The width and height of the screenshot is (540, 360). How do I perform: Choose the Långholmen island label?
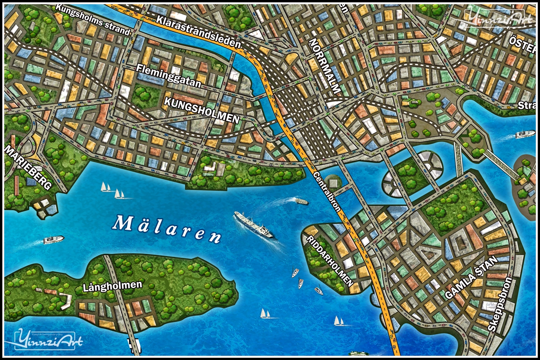(112, 286)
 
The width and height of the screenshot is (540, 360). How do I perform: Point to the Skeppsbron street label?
(500, 304)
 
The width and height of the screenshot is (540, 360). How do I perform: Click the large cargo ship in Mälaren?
(254, 225)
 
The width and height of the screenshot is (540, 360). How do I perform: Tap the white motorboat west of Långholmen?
(53, 240)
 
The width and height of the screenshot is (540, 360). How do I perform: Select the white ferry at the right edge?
(525, 134)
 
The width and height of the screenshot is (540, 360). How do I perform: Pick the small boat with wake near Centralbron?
(301, 201)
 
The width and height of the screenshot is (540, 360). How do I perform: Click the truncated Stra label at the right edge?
(527, 105)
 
